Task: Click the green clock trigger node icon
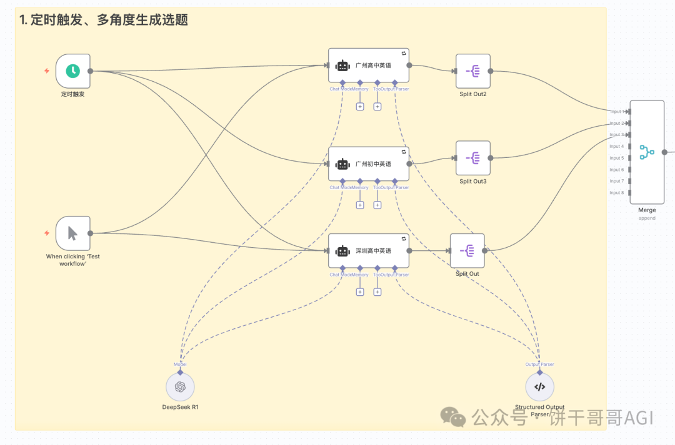[73, 71]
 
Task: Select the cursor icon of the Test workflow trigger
[73, 233]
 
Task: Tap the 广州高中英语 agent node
[369, 65]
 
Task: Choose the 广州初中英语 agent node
[369, 164]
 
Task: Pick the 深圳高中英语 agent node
[369, 251]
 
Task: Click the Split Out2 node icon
[472, 71]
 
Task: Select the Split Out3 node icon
[472, 158]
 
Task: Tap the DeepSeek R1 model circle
[180, 387]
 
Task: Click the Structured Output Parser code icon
[539, 387]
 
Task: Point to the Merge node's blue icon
[647, 152]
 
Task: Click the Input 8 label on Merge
[617, 193]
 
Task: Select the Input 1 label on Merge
[617, 112]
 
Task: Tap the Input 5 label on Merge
[617, 158]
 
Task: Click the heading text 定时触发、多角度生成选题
[104, 20]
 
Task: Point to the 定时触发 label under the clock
[72, 94]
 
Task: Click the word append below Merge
[647, 218]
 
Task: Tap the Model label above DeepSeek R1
[180, 364]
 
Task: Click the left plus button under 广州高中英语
[360, 107]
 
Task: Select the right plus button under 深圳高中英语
[377, 292]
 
